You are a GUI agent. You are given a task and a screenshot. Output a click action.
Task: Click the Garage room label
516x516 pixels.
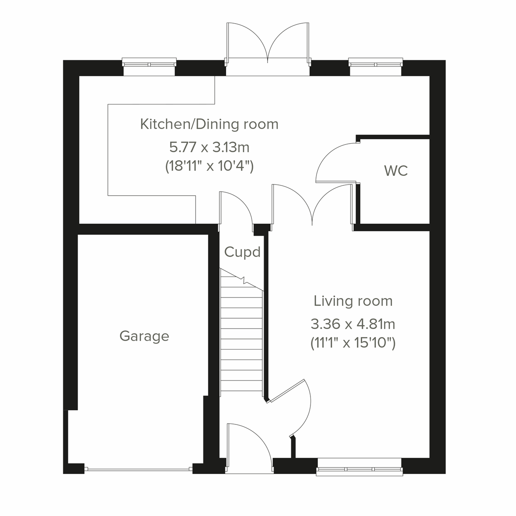tap(144, 336)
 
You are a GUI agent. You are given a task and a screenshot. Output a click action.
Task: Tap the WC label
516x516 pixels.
tap(396, 171)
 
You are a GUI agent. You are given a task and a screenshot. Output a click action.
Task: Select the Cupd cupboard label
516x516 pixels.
tap(242, 252)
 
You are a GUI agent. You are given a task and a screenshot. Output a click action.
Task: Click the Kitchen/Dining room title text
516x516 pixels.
tap(209, 124)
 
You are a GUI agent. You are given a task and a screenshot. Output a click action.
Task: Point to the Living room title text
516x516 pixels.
tap(353, 301)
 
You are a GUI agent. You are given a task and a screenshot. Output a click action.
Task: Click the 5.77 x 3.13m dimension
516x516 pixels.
tap(209, 147)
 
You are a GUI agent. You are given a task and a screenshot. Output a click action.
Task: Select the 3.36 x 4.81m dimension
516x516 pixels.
tap(353, 323)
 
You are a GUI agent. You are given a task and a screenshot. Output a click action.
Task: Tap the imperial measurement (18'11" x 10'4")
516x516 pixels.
tap(209, 166)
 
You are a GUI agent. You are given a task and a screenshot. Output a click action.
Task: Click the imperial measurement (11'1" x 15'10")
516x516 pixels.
tap(353, 343)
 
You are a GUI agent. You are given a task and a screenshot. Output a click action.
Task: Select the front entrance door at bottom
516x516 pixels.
tap(249, 447)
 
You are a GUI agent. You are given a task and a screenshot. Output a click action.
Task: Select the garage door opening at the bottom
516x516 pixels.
tap(138, 469)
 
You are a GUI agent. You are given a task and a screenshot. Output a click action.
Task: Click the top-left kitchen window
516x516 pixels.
tap(149, 64)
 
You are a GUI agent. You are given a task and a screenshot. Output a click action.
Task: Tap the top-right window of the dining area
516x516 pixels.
tap(375, 64)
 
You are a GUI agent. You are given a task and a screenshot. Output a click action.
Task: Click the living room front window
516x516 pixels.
tap(359, 469)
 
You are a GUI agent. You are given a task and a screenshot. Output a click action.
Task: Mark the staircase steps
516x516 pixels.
tap(241, 335)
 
